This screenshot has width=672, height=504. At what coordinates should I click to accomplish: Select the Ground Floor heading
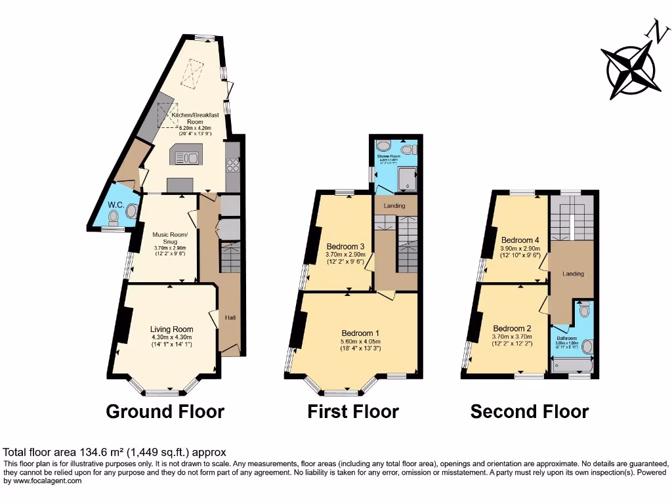tap(165, 411)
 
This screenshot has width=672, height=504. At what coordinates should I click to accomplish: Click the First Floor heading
tap(353, 411)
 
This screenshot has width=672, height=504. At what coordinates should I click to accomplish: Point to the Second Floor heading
tap(529, 411)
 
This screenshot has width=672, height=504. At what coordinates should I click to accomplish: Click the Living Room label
tap(171, 329)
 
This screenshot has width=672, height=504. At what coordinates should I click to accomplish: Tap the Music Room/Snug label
tap(170, 238)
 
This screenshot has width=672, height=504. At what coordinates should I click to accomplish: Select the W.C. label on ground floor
tap(116, 205)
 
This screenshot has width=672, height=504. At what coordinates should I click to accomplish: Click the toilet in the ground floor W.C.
tap(132, 211)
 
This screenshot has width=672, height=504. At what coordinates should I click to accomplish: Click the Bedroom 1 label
tap(362, 333)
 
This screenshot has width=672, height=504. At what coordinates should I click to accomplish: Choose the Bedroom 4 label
tap(520, 240)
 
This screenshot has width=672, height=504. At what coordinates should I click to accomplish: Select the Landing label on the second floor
tap(572, 274)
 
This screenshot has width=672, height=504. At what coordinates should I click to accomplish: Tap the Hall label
tap(230, 317)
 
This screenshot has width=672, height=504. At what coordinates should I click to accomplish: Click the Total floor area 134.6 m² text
tap(114, 452)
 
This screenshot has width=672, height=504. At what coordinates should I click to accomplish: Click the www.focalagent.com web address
tap(43, 481)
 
